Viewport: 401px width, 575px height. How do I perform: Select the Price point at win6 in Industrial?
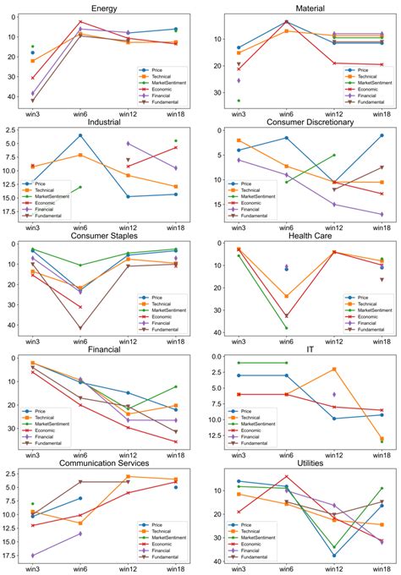80,135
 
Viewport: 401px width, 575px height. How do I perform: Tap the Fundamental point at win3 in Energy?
33,101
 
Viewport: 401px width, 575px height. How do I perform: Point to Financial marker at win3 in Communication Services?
33,556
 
